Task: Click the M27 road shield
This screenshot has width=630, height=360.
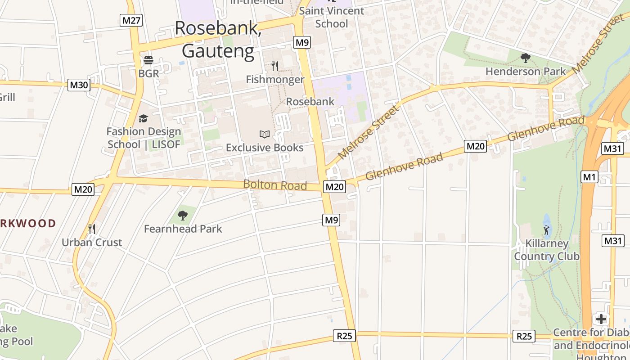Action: [x=131, y=20]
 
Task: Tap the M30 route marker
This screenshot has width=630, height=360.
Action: [x=79, y=85]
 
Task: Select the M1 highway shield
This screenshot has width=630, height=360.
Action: [x=589, y=177]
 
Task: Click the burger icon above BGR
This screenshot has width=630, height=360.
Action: [x=148, y=60]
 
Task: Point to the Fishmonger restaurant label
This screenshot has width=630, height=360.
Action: [x=275, y=80]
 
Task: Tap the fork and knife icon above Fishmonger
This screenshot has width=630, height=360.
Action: [x=275, y=66]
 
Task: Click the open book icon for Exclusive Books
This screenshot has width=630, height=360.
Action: [x=265, y=134]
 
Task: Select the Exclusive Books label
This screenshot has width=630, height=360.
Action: [x=265, y=148]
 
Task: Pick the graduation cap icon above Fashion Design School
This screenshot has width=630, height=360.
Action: [x=144, y=118]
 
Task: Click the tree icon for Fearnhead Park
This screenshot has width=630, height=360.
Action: [x=182, y=216]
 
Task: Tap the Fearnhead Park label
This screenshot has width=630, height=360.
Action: [x=183, y=229]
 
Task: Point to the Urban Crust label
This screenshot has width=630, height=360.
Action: [x=92, y=243]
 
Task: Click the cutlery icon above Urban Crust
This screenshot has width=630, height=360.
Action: [x=92, y=229]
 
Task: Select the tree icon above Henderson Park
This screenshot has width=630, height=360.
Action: [x=525, y=58]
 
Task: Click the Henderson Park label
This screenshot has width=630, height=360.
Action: [x=526, y=71]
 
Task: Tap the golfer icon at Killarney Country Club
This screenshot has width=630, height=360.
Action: [x=546, y=230]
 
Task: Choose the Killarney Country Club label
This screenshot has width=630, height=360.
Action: [x=547, y=250]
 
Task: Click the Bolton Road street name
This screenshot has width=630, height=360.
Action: [x=275, y=185]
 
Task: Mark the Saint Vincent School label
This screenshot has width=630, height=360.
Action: [x=332, y=17]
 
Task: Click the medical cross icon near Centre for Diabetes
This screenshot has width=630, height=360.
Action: [x=601, y=319]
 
